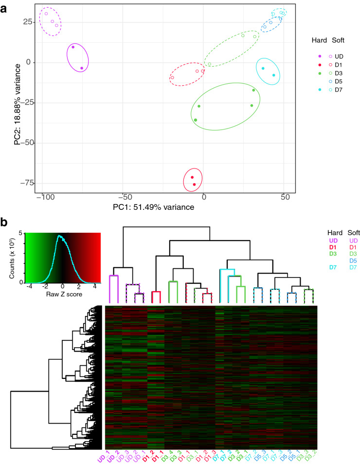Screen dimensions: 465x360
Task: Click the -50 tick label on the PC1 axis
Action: click(x=123, y=198)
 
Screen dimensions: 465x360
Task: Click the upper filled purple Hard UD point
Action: click(x=73, y=47)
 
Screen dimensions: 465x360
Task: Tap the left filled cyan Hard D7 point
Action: click(x=263, y=69)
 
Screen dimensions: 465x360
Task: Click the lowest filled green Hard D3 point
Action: click(x=196, y=120)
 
